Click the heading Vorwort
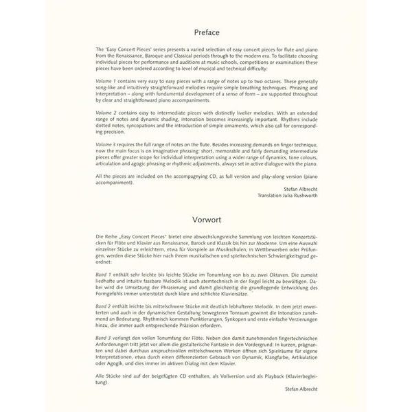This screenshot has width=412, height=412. point(206,222)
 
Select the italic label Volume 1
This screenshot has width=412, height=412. point(107,80)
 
